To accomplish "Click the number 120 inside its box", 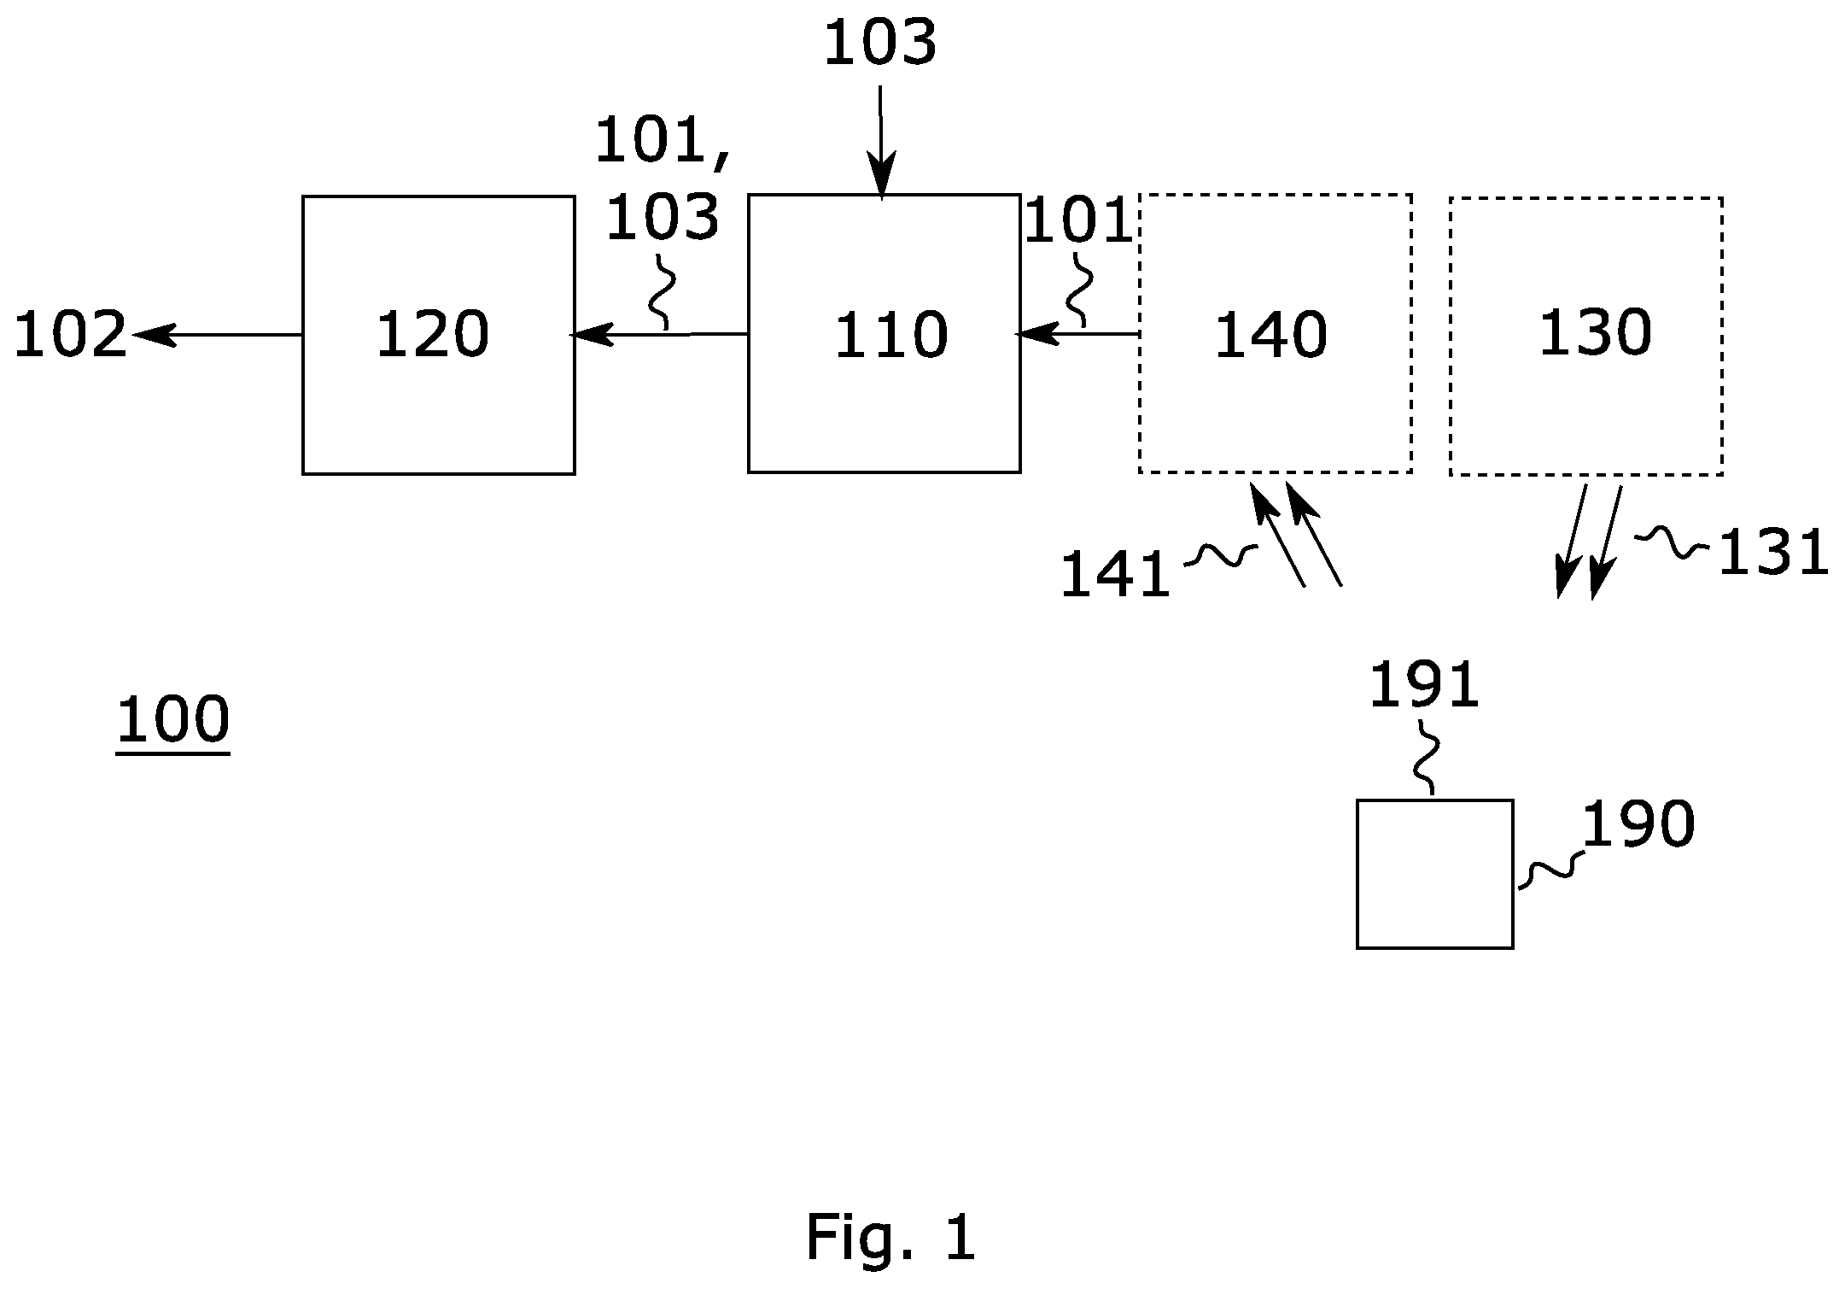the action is pos(433,334).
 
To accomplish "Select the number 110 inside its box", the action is pos(890,335).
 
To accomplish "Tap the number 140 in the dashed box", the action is pos(1270,335).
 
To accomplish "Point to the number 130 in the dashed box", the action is pos(1595,333).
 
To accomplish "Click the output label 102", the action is pos(70,335).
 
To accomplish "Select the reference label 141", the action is pos(1115,574).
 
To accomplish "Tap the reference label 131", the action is pos(1772,553).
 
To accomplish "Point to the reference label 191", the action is pos(1424,685).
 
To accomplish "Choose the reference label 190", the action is pos(1638,824).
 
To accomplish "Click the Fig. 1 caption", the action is pos(890,1238).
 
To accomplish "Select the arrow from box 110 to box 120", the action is pos(658,334).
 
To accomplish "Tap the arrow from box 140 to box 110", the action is pos(1077,334).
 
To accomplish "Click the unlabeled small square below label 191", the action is pos(1435,874).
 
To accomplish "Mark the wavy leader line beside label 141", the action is pos(1221,556).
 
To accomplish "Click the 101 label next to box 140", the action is pos(1077,221).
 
